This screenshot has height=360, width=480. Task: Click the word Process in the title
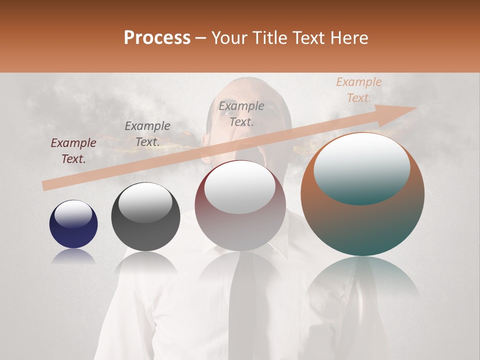(x=157, y=38)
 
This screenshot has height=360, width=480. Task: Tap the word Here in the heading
(x=349, y=38)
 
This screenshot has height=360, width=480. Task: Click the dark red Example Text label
(x=73, y=151)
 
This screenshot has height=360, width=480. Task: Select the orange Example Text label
(x=359, y=90)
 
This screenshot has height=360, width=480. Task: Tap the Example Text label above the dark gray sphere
(x=147, y=134)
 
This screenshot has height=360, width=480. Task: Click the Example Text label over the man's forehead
(x=241, y=113)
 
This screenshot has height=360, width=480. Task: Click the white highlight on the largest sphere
(x=361, y=167)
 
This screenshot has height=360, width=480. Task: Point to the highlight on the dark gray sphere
(x=145, y=202)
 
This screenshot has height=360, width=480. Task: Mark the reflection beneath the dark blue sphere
(x=73, y=256)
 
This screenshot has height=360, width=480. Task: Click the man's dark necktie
(x=244, y=300)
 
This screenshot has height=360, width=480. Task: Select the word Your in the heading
(x=228, y=38)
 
